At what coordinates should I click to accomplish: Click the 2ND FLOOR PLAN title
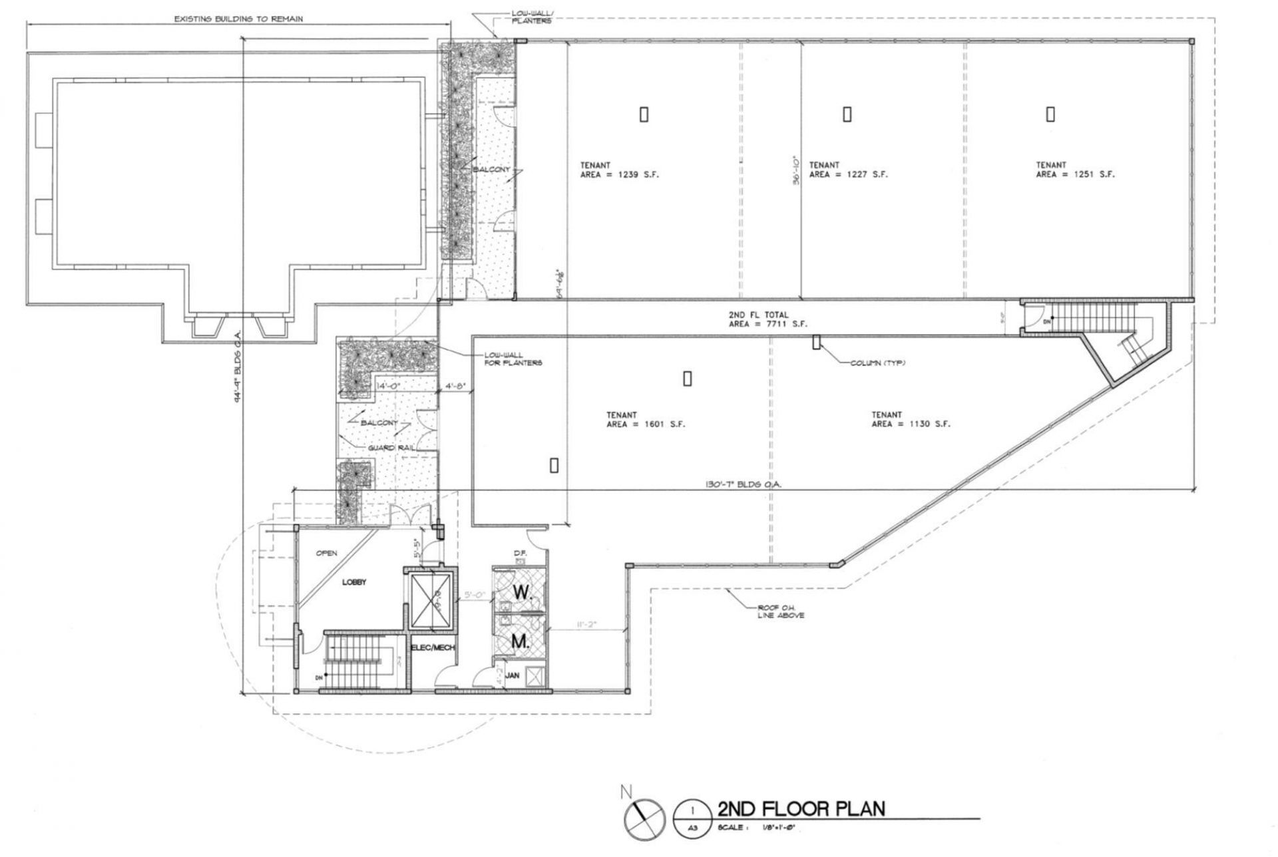(801, 808)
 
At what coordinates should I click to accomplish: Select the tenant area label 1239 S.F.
(619, 170)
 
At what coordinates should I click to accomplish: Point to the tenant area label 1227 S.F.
(848, 170)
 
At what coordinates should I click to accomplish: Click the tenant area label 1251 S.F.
(1074, 170)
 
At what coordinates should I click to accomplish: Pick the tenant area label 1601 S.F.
(645, 419)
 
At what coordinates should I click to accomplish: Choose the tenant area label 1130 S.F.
(911, 419)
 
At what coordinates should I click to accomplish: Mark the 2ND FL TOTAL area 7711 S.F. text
(757, 319)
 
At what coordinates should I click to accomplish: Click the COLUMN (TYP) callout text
(878, 363)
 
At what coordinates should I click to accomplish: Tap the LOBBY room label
(354, 582)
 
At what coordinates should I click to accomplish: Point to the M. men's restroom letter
(520, 642)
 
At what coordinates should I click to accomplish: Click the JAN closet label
(513, 675)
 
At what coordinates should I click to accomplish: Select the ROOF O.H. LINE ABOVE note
(780, 611)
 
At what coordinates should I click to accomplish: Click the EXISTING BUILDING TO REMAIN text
(238, 19)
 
